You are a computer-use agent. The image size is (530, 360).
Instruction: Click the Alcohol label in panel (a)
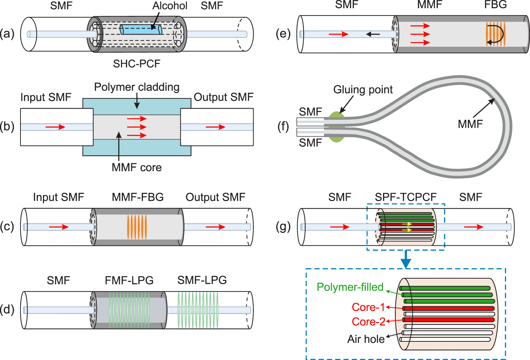(169, 6)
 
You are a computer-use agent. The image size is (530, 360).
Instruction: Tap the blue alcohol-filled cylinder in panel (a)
(141, 29)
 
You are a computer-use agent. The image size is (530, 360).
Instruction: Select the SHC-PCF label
(136, 63)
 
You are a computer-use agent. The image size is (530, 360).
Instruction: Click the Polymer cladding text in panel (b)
(137, 87)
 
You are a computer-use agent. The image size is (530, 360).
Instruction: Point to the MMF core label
(136, 167)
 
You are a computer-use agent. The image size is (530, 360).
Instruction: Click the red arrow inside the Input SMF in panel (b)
(55, 127)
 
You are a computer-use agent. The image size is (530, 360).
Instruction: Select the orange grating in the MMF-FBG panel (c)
(137, 227)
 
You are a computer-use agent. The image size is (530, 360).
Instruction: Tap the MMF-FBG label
(138, 197)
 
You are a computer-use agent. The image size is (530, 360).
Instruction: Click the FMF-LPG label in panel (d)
(129, 280)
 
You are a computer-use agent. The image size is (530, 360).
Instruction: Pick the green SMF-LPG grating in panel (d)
(198, 310)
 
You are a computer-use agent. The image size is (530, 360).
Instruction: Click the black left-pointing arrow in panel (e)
(373, 34)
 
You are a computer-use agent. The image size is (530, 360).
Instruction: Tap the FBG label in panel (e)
(495, 5)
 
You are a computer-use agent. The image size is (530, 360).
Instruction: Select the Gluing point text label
(363, 89)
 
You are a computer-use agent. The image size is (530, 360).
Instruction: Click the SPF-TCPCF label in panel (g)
(406, 197)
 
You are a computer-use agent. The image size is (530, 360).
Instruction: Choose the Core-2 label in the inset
(368, 321)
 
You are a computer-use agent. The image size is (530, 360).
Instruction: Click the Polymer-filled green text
(350, 287)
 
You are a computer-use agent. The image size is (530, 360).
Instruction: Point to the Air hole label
(366, 339)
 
